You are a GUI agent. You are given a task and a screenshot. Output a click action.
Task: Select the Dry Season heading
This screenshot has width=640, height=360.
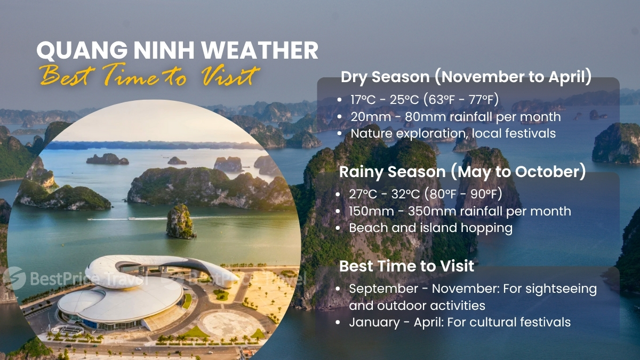tap(466, 77)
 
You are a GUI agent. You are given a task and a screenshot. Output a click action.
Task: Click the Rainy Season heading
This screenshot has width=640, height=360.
tap(462, 172)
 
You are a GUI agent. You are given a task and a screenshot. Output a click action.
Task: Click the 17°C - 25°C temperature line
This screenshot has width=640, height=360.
tap(424, 100)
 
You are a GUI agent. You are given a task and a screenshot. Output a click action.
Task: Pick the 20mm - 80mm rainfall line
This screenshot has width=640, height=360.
tap(455, 116)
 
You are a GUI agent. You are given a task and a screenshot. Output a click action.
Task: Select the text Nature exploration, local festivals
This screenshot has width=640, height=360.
tap(452, 133)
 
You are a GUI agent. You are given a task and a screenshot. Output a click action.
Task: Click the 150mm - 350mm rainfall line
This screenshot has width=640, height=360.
tap(460, 211)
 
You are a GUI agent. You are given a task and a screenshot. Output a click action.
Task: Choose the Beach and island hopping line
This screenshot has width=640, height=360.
tap(430, 228)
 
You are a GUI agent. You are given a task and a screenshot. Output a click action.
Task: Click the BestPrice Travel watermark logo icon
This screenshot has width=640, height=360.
tap(13, 278)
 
